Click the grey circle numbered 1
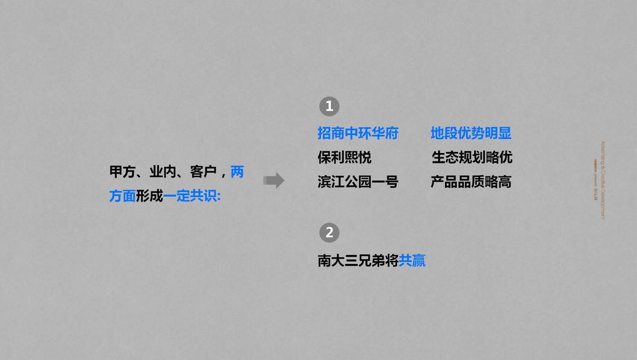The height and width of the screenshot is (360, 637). [329, 107]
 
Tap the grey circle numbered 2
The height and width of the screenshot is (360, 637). [329, 233]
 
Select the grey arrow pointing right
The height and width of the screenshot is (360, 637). [274, 181]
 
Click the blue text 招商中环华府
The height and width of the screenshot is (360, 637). [358, 133]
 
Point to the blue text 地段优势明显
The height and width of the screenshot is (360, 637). [471, 133]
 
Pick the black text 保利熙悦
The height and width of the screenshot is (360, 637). [344, 157]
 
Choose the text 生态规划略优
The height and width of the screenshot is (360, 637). [472, 157]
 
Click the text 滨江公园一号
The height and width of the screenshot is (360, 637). [358, 182]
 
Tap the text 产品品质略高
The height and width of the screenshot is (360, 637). [471, 182]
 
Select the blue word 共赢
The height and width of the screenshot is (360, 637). [412, 261]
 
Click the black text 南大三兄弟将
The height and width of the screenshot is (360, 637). [358, 261]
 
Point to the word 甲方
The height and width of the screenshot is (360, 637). [122, 172]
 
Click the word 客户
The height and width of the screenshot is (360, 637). [203, 172]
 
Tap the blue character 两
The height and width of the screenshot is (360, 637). [237, 172]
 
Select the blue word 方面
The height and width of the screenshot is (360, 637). [122, 196]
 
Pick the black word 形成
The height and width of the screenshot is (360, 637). [149, 196]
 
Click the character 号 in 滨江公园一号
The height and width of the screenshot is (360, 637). [391, 182]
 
